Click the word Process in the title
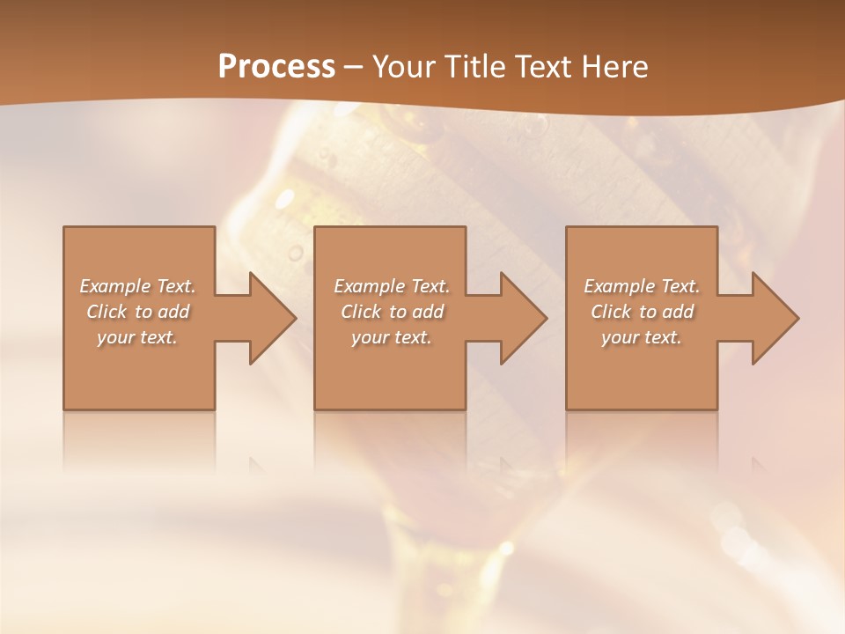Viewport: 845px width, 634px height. pos(276,67)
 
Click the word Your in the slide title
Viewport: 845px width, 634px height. pos(404,67)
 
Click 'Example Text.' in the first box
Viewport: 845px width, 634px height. pos(137,286)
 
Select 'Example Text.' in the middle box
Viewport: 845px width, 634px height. pos(391,286)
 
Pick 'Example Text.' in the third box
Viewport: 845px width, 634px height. pos(642,286)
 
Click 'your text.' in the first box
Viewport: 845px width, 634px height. pos(137,337)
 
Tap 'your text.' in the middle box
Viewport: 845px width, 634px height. pos(391,337)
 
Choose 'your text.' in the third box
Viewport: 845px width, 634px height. pos(642,337)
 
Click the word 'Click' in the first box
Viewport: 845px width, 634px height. pos(107,312)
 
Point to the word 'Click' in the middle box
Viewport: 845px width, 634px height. pos(360,312)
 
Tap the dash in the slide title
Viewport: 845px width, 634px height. pos(354,68)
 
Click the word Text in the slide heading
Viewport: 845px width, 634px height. pos(543,67)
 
